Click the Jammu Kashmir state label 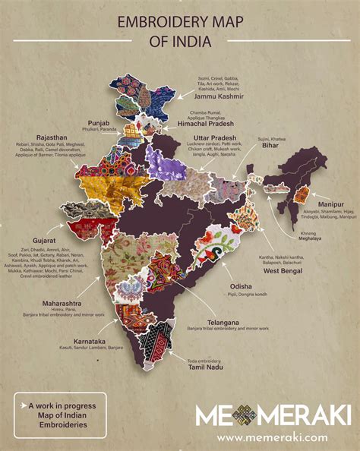tap(226, 96)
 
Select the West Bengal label tap(285, 271)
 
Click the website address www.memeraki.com tap(272, 437)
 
